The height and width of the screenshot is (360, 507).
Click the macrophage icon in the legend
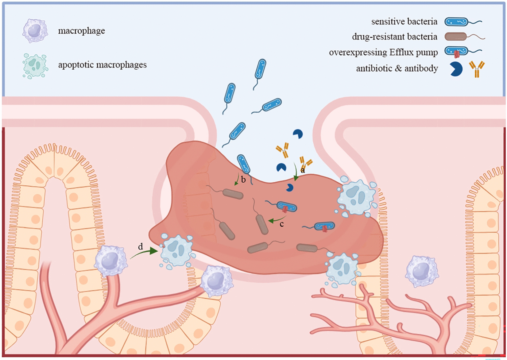coord(35,31)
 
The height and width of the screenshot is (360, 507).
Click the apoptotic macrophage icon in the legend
coord(35,66)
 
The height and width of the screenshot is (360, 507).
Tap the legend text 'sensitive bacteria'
coord(404,21)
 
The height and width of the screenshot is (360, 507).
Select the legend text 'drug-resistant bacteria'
coord(394,37)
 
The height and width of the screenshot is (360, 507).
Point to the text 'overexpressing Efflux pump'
coord(383,52)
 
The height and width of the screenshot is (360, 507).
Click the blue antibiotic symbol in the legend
coord(456,69)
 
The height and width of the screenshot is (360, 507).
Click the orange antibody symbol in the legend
coord(476,69)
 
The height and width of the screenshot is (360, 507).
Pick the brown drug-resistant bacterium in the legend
coord(456,37)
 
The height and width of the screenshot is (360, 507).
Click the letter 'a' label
coord(303,170)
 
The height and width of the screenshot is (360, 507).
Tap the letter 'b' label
coord(243,180)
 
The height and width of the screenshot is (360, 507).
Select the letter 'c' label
coord(281,224)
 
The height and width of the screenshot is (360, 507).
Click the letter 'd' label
coord(140,246)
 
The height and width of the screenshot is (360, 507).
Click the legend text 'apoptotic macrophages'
coord(102,65)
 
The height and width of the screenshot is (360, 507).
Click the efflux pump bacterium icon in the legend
coord(457,51)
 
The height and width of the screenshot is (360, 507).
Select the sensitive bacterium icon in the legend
coord(456,22)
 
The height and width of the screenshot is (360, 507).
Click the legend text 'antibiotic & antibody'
coord(397,68)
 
